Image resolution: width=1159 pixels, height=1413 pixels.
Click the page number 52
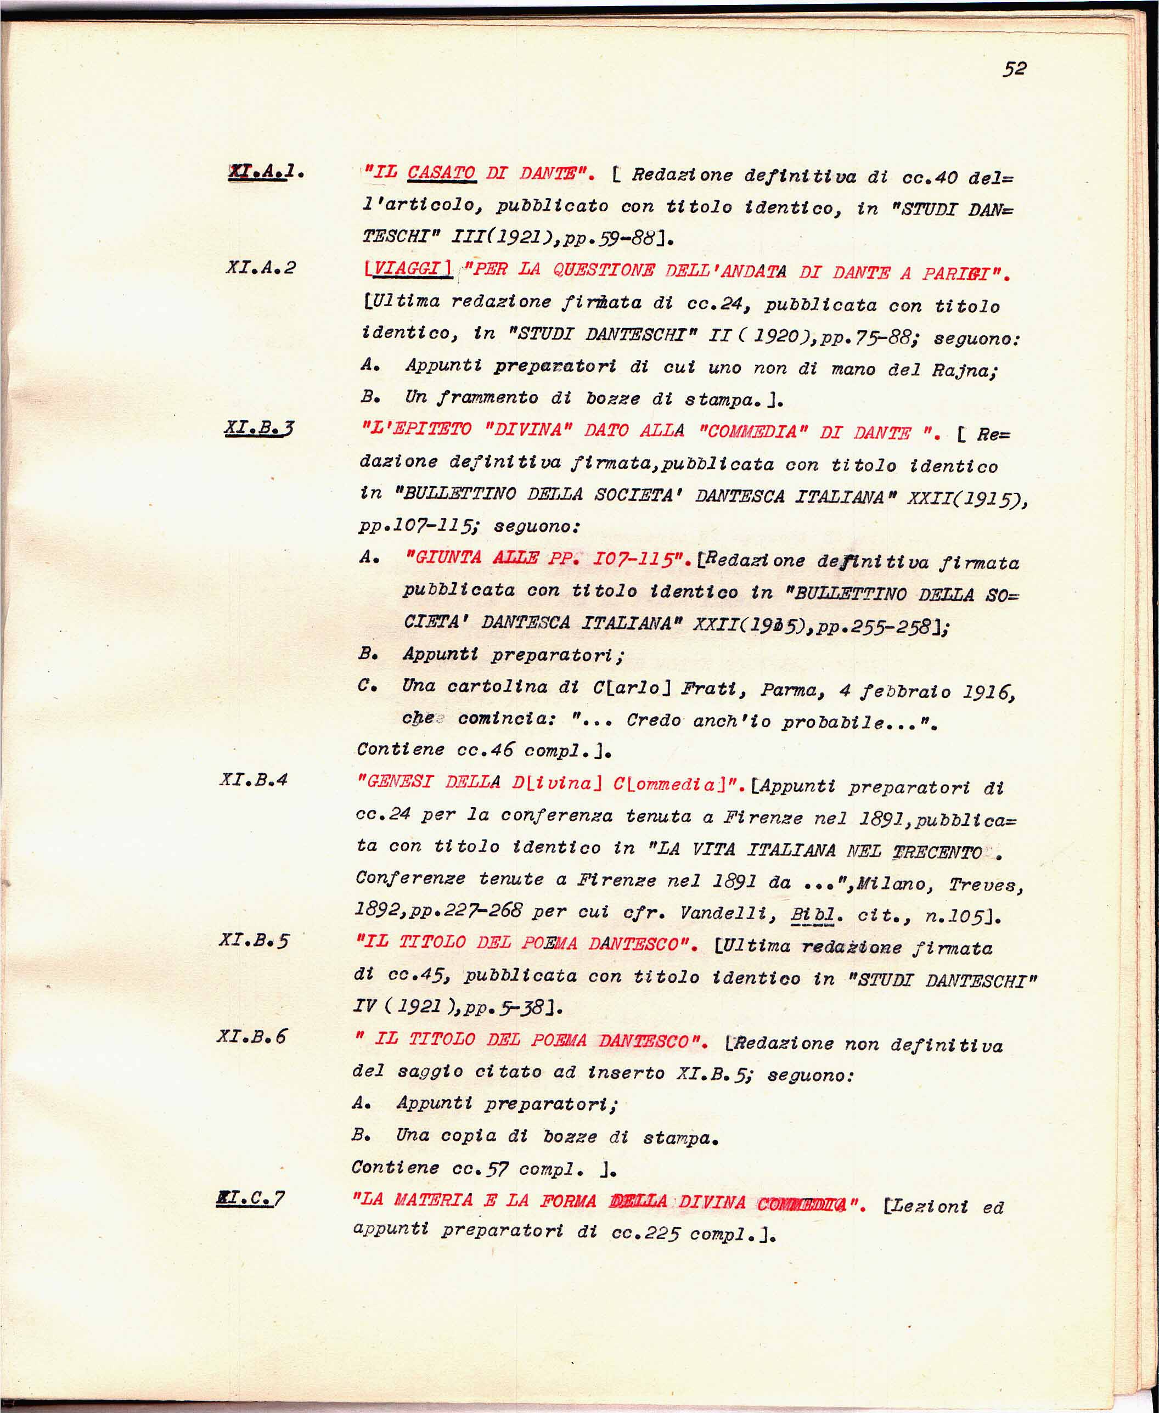[1014, 69]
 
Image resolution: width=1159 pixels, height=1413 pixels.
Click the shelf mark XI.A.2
[260, 268]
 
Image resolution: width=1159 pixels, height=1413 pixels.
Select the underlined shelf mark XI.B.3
[259, 429]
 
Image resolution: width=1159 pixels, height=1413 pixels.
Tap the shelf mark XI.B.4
[254, 780]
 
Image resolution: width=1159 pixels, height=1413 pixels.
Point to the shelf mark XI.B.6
[252, 1036]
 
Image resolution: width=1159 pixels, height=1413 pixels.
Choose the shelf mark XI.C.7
[250, 1199]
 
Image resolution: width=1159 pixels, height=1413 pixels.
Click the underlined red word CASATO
[441, 173]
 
